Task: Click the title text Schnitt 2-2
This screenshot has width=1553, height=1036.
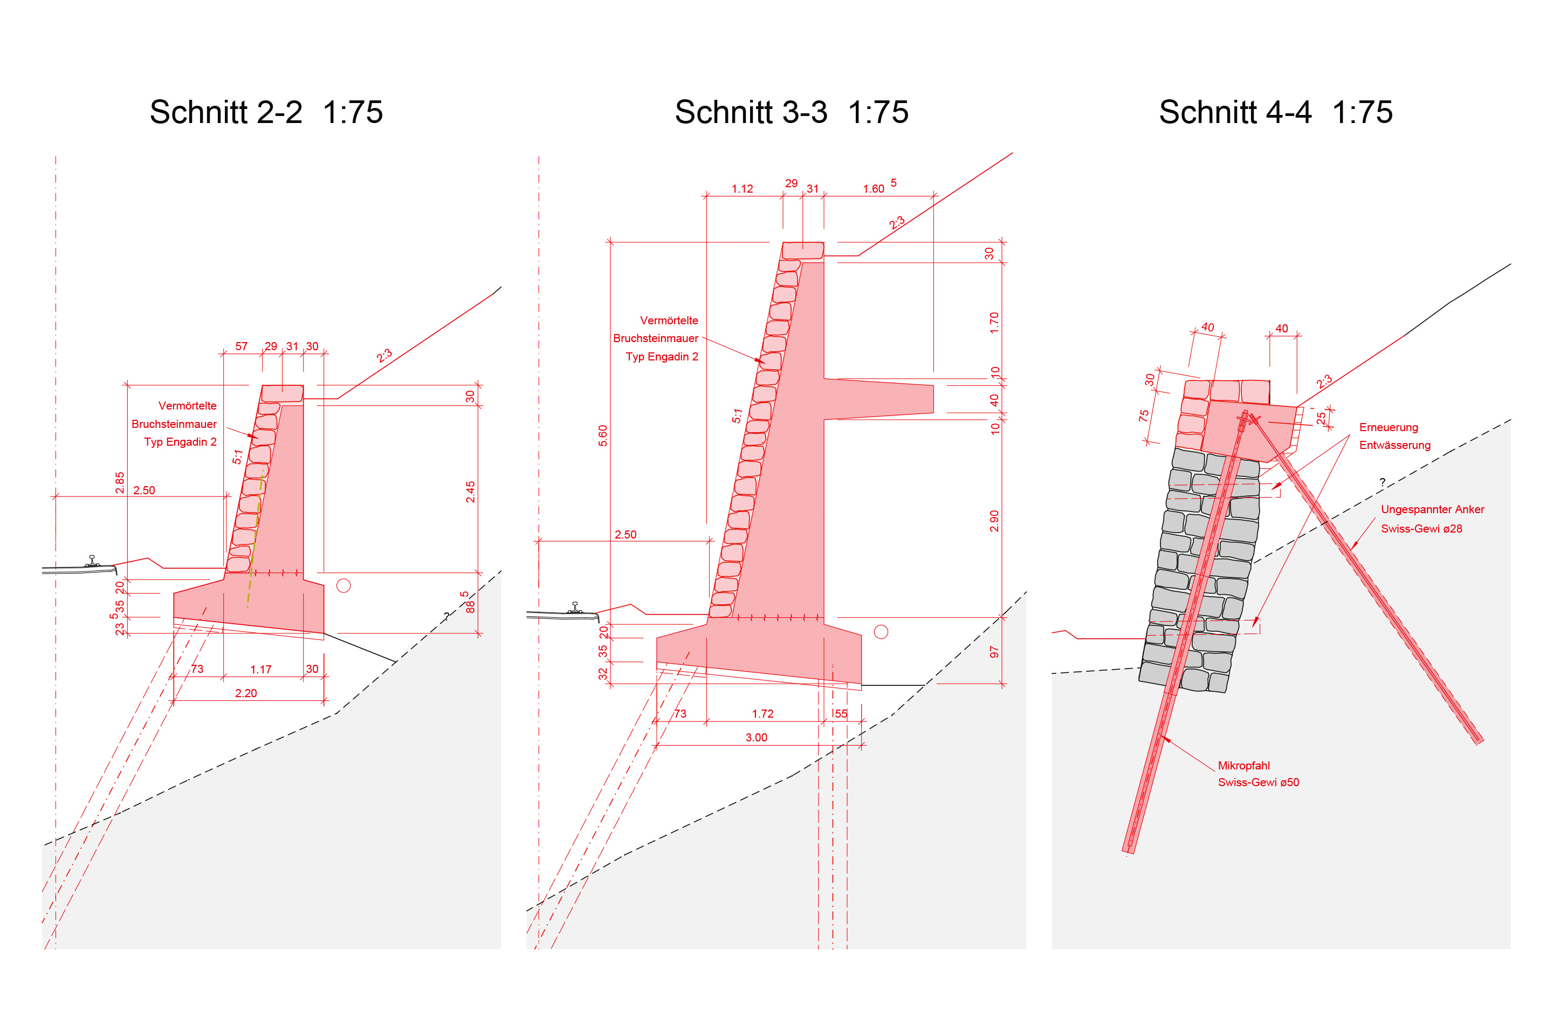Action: [226, 112]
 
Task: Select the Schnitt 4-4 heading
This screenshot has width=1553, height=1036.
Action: [1235, 112]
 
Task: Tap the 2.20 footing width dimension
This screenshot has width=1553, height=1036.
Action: [246, 693]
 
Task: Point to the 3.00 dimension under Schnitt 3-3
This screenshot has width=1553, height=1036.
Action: [756, 738]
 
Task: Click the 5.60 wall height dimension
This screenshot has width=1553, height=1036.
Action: [602, 435]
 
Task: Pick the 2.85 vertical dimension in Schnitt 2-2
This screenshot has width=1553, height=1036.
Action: [120, 482]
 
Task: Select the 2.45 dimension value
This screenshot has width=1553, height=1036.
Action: [470, 492]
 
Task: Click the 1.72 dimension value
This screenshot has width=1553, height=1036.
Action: [762, 713]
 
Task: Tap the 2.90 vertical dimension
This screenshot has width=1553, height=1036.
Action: [994, 521]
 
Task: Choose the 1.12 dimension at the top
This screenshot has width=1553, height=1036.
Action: [742, 189]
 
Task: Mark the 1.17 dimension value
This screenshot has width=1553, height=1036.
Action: [261, 669]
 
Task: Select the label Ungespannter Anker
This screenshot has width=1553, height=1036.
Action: [1432, 509]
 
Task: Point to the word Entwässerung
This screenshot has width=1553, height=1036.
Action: [1394, 445]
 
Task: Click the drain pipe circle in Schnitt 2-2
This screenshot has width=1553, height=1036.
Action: [343, 585]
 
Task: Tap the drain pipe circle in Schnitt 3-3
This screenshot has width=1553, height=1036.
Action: [881, 632]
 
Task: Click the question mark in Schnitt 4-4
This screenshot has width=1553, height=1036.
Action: [1382, 482]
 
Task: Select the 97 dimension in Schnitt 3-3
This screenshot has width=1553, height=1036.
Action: [994, 652]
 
